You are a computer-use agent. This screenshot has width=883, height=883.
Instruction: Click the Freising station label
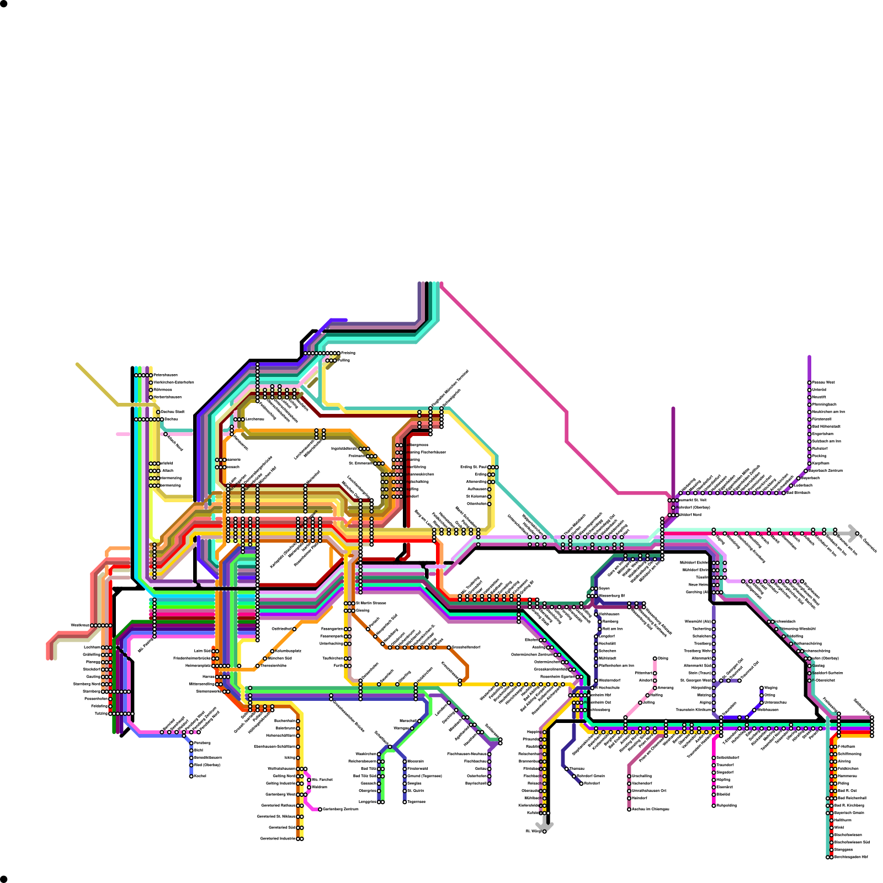(x=348, y=353)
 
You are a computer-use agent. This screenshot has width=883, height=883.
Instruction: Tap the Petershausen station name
(x=166, y=375)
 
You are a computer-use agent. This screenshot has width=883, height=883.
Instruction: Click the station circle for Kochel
(x=192, y=776)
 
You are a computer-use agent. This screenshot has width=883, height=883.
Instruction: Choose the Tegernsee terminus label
(x=416, y=802)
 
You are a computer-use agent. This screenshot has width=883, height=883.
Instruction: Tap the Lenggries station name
(x=368, y=802)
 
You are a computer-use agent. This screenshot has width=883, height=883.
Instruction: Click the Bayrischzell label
(x=476, y=783)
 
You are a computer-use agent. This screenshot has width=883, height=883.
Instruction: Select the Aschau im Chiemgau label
(x=650, y=809)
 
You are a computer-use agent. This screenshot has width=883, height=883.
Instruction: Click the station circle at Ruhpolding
(x=714, y=806)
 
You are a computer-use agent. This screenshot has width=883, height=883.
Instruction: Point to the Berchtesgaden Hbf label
(x=851, y=857)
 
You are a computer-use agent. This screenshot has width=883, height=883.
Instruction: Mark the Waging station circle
(x=762, y=688)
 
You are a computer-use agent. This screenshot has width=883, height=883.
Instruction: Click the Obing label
(x=663, y=658)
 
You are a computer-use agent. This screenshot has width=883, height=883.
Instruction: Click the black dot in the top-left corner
(x=4, y=4)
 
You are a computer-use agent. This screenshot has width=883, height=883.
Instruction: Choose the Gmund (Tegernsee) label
(x=424, y=776)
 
